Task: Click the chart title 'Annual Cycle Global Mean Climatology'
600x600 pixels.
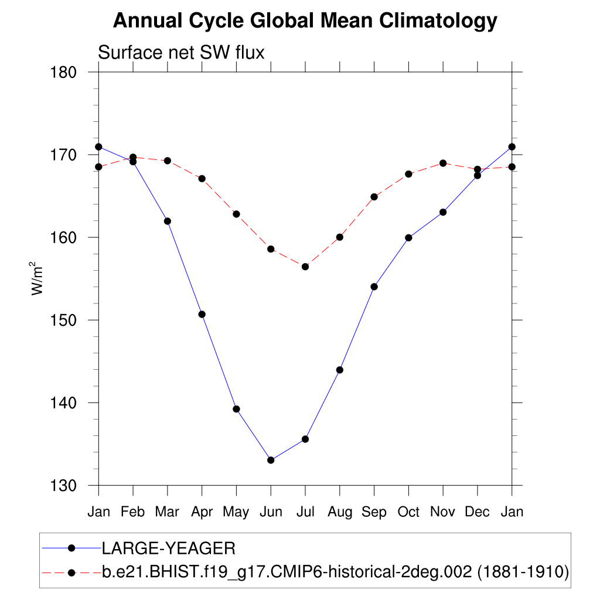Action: [x=305, y=21]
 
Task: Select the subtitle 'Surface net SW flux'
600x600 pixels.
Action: [x=181, y=53]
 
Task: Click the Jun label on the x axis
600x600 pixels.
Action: [x=271, y=512]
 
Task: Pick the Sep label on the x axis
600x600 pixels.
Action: [x=374, y=512]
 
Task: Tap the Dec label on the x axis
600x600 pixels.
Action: [x=478, y=512]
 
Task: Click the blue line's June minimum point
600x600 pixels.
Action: [x=271, y=460]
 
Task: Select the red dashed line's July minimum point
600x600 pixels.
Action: [x=305, y=267]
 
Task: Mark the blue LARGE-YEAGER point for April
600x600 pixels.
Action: [x=202, y=314]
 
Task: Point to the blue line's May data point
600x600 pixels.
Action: [x=236, y=409]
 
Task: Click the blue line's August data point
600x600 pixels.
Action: [x=340, y=370]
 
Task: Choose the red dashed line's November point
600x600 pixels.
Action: [x=443, y=163]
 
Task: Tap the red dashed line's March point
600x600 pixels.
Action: [x=168, y=161]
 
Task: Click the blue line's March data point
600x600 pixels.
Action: [x=168, y=221]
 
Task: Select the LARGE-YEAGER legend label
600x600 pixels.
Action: [x=169, y=548]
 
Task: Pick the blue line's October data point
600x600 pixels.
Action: [x=408, y=238]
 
